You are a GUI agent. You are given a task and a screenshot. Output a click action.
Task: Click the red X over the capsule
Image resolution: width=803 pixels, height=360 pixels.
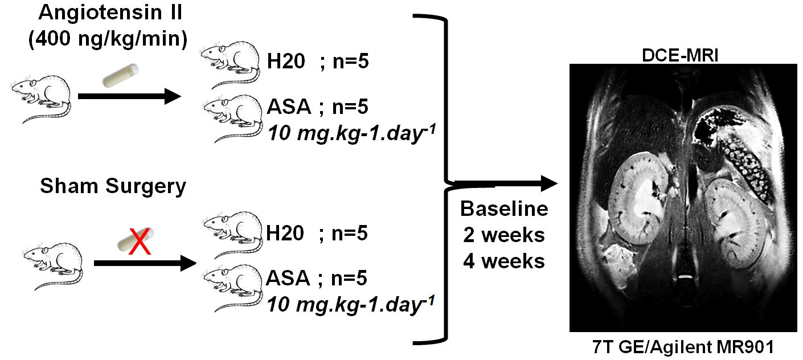pyautogui.click(x=137, y=241)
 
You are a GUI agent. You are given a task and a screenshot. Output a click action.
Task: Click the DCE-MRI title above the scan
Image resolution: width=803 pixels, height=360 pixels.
pyautogui.click(x=682, y=55)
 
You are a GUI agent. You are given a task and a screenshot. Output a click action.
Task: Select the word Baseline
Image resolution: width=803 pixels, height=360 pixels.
pyautogui.click(x=505, y=209)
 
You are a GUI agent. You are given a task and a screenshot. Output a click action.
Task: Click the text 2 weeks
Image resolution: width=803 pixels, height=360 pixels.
pyautogui.click(x=505, y=235)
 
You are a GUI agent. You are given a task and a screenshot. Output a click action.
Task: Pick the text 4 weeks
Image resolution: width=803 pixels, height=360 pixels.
pyautogui.click(x=505, y=261)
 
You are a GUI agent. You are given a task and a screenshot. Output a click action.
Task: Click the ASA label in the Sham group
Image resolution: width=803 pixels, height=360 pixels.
pyautogui.click(x=288, y=278)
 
